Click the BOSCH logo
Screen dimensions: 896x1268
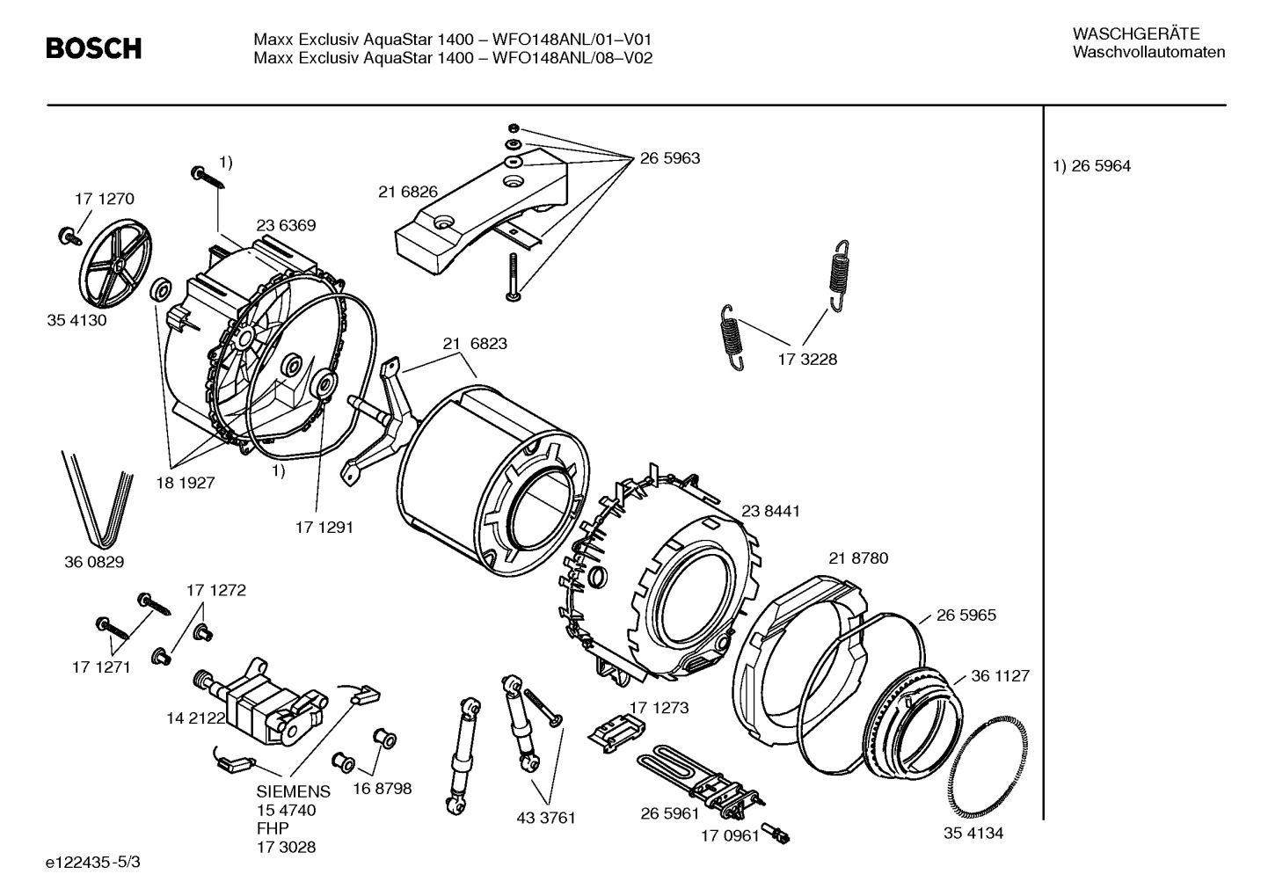tap(93, 48)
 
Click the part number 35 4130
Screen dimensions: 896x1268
tap(77, 320)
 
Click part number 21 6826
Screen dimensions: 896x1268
tap(408, 192)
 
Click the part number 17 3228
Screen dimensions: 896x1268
tap(807, 359)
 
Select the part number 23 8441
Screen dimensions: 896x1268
tap(770, 511)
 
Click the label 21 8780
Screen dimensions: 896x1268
tap(858, 558)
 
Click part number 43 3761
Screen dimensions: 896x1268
tap(545, 818)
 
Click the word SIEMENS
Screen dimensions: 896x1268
tap(294, 791)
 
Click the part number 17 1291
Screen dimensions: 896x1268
tap(324, 528)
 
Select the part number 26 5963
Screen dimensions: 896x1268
tap(669, 158)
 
